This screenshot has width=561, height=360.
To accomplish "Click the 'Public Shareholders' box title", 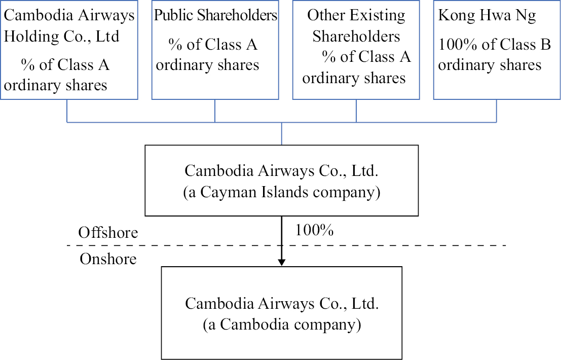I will (215, 15).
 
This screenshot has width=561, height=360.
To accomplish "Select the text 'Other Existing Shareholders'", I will (356, 25).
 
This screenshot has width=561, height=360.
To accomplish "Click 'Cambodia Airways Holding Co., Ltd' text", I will (69, 25).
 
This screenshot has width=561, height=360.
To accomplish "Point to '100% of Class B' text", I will (494, 45).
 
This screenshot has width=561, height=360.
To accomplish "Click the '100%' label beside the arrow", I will (314, 230).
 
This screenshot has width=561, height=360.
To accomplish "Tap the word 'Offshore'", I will (108, 233).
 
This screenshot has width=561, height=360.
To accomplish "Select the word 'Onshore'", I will (108, 259).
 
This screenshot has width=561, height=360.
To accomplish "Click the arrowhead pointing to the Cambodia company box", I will (282, 262).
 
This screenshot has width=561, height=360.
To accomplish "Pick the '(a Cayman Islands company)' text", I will (282, 193).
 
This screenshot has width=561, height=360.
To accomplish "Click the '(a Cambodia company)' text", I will (282, 325).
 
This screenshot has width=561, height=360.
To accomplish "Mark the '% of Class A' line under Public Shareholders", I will (213, 45).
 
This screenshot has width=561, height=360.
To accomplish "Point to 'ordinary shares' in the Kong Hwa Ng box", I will (490, 65).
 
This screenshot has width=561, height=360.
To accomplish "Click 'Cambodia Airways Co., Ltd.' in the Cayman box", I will (282, 170).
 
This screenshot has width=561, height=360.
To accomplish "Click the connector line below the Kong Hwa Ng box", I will (496, 111).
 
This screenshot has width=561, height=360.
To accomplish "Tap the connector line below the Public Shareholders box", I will (215, 111).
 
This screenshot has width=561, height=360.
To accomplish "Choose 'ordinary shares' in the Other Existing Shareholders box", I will (354, 78).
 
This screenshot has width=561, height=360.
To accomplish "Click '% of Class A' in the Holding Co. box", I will (65, 65).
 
